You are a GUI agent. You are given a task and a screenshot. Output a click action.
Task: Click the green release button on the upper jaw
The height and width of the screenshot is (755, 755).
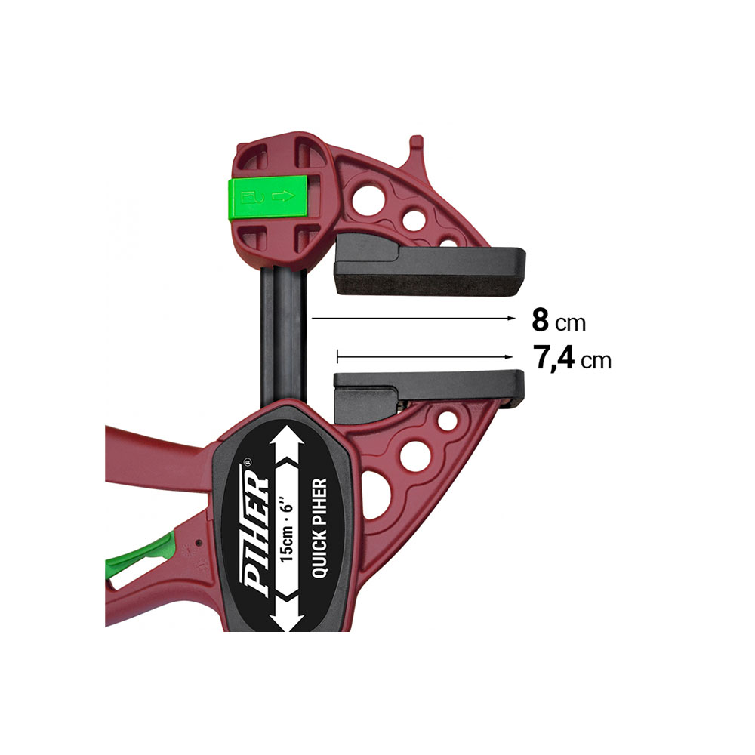[x=270, y=199]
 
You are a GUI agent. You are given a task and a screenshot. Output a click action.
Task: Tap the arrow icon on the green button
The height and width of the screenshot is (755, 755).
[x=282, y=199]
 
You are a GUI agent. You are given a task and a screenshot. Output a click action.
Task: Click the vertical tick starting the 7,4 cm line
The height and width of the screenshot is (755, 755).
[x=338, y=354]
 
